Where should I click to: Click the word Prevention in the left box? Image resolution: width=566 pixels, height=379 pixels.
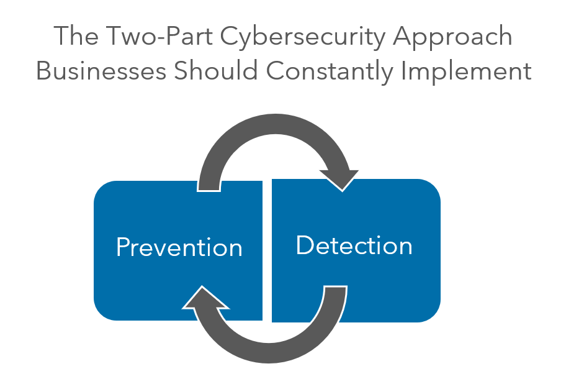(x=179, y=247)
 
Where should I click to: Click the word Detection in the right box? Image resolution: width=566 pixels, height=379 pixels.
(x=354, y=245)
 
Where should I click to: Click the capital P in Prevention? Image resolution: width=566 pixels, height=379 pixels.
(x=122, y=247)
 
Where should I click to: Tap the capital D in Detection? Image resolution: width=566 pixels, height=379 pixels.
(x=303, y=245)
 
